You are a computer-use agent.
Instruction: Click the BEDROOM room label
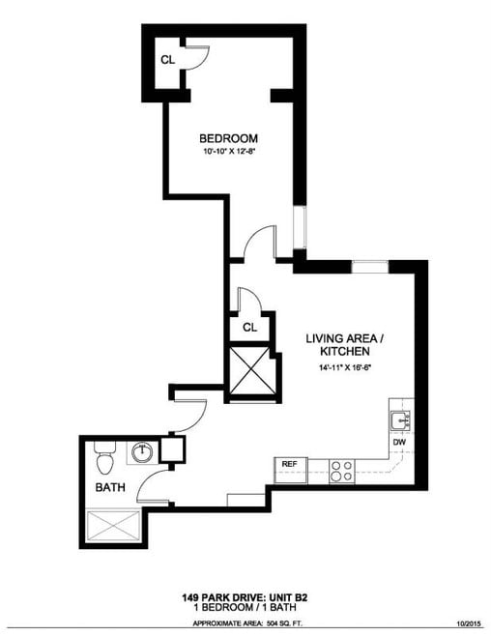228,137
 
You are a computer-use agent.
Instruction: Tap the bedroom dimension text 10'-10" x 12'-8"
228,153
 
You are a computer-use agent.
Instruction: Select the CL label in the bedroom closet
167,59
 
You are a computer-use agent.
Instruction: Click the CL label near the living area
249,328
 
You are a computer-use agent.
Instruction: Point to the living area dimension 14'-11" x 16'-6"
345,368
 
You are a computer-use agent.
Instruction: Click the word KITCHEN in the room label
345,353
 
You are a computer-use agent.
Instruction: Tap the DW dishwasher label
399,443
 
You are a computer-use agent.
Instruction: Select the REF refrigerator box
288,465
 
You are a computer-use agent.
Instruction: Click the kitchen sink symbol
401,420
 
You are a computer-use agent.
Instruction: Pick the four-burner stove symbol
341,470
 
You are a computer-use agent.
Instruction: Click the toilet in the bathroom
104,451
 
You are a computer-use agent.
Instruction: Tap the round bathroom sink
142,451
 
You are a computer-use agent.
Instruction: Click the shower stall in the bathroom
114,528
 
